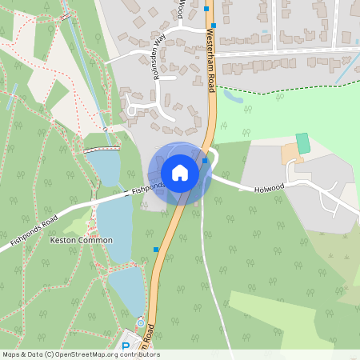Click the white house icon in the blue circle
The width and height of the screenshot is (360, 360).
(x=180, y=172)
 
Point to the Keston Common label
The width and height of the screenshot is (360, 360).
(x=81, y=240)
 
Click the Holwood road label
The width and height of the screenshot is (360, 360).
(x=269, y=190)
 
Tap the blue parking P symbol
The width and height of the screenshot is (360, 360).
(x=126, y=346)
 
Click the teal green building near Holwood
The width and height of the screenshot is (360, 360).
(x=303, y=143)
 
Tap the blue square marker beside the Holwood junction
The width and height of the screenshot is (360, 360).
(x=206, y=161)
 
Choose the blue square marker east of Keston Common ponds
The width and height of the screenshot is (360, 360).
(x=155, y=250)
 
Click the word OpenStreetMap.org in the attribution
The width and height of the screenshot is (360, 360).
(x=90, y=354)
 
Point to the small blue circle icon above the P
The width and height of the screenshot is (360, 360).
(x=141, y=322)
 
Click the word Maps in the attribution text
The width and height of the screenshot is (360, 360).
(x=11, y=354)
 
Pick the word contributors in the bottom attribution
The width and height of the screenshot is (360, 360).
(x=139, y=354)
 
